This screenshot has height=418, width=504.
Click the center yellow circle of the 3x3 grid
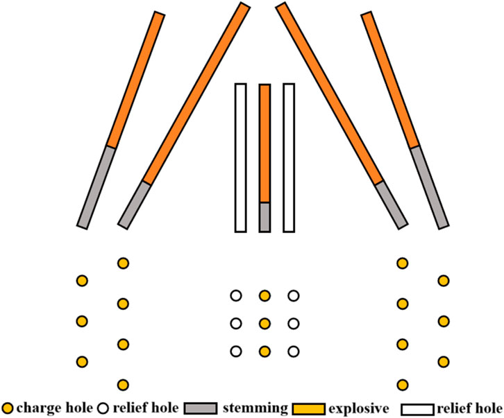click(264, 324)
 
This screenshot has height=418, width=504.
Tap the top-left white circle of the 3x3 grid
click(236, 296)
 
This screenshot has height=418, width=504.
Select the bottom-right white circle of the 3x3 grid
click(293, 351)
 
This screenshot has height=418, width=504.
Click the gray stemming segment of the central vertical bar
click(264, 217)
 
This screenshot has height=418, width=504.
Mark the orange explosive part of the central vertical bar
click(264, 142)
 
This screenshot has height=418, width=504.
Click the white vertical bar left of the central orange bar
click(241, 157)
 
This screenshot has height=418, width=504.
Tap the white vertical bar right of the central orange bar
click(289, 157)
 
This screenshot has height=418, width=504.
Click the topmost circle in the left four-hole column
click(123, 263)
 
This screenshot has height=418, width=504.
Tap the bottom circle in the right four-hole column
click(402, 384)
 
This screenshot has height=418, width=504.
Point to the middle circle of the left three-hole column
click(82, 321)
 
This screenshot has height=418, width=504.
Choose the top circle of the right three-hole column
click(443, 280)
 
